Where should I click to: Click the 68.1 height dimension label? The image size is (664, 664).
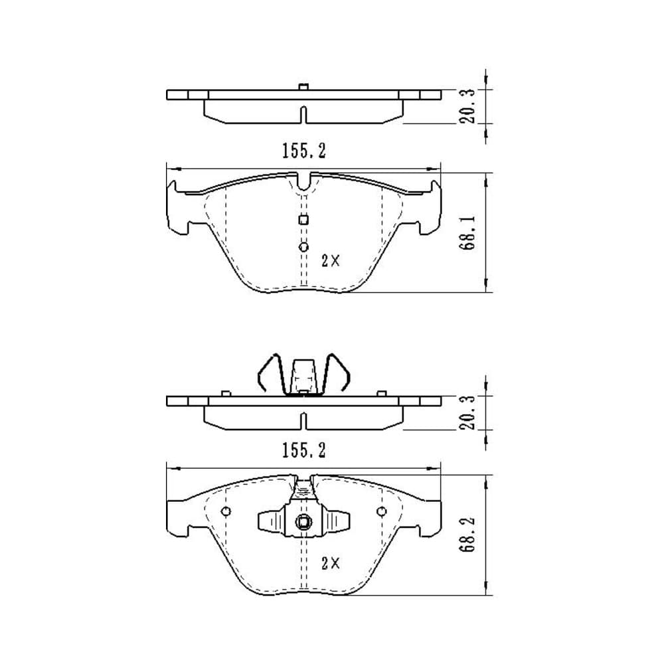pos(469,233)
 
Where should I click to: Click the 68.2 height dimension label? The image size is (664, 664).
pos(469,535)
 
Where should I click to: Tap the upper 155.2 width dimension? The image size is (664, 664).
pos(304,151)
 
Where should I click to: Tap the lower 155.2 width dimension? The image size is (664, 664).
pos(304,451)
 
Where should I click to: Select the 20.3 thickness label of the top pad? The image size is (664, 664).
pos(469,106)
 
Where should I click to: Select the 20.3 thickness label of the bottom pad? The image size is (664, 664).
pos(469,412)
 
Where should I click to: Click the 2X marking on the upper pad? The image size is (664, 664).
pos(330,261)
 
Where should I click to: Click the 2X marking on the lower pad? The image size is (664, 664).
pos(330,563)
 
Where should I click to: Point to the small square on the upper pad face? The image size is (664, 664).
pos(303,220)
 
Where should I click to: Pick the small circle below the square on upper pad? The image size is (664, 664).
pos(303,247)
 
